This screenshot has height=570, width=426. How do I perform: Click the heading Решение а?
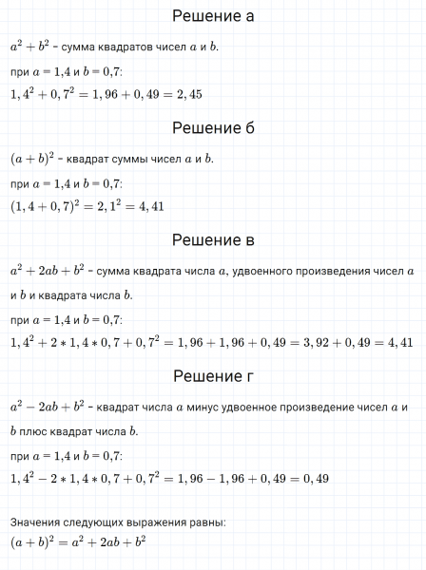[213, 16]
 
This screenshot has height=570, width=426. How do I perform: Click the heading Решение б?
[213, 128]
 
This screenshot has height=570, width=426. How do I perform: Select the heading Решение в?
[213, 240]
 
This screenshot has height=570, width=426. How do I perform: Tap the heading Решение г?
[213, 379]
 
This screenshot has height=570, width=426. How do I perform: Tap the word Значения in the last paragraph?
[36, 522]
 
